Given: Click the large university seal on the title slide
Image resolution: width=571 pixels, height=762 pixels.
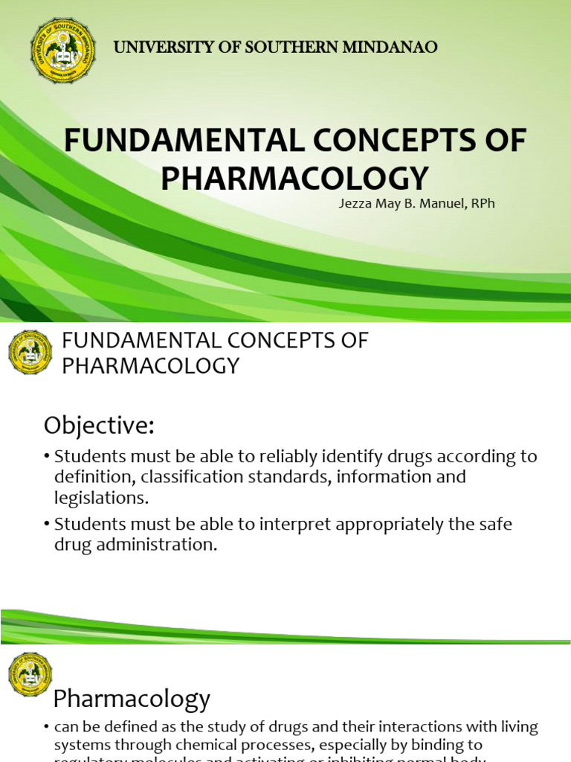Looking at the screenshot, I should (x=63, y=51).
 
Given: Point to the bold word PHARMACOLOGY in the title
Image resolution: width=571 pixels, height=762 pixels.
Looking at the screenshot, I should (x=295, y=178).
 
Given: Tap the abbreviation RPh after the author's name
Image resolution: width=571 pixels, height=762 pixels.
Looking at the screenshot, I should (x=480, y=203).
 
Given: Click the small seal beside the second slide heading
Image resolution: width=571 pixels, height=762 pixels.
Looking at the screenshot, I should (x=30, y=352).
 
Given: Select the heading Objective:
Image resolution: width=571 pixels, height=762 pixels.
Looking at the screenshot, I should (x=99, y=426).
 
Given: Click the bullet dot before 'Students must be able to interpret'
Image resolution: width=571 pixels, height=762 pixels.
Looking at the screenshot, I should (x=47, y=525).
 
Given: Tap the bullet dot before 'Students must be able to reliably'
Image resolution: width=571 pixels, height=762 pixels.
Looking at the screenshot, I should (x=47, y=457).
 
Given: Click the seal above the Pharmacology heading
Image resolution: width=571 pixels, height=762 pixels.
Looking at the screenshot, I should (x=30, y=674).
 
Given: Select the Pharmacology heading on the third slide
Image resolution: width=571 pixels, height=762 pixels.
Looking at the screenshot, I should (x=132, y=699).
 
